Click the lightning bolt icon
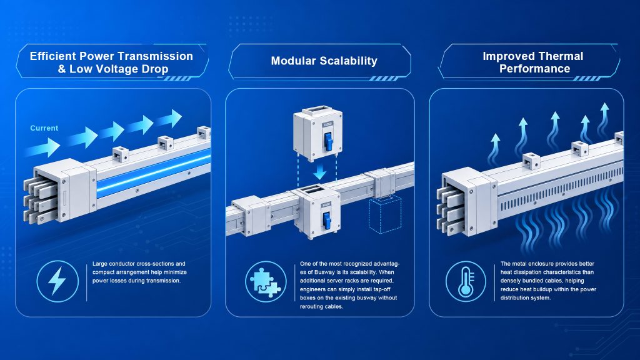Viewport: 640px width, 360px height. point(57,281)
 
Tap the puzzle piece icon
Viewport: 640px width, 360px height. point(265,282)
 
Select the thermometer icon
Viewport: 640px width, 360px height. point(466,282)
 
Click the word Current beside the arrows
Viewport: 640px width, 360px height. point(44,128)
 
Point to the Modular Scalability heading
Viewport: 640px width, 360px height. point(324,61)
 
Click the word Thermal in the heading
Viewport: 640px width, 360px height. point(561,56)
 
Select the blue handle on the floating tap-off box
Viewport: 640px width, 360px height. point(327,140)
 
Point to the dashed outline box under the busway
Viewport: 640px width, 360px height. point(385,215)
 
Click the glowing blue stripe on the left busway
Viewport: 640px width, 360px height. point(154,172)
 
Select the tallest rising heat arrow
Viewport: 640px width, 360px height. point(603,120)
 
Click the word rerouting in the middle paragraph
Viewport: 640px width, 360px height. point(312,306)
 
